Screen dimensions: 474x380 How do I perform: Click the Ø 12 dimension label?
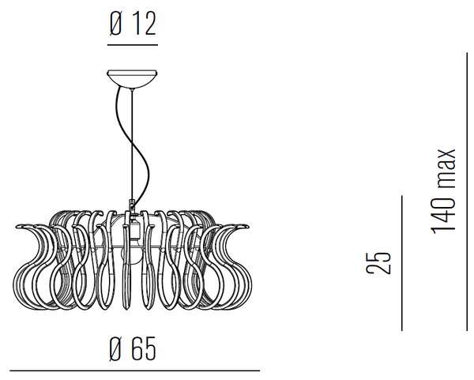point(133,24)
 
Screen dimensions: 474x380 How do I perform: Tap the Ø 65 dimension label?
point(133,348)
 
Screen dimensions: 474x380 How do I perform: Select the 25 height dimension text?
point(378,263)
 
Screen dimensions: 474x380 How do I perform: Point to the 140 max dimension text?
point(444,191)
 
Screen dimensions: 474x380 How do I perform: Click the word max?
point(444,167)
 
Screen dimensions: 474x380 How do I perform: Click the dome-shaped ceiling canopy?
point(132,79)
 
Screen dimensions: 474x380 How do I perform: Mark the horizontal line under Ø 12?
point(133,45)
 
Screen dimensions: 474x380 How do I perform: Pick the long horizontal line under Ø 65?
point(135,371)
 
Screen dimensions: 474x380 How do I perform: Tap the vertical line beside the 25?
point(402,263)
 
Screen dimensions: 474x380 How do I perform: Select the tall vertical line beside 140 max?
point(467,192)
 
